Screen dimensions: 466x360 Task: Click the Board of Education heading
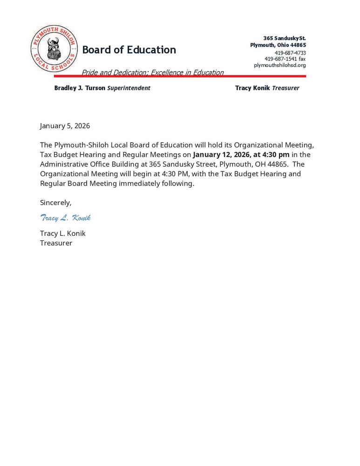tap(129, 50)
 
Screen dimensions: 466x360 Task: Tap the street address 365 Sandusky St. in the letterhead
tap(284, 38)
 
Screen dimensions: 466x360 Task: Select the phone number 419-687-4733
tap(290, 53)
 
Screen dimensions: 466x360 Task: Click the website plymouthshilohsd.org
tap(279, 65)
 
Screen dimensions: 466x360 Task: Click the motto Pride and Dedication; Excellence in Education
tap(152, 72)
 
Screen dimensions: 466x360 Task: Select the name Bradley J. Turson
tap(80, 88)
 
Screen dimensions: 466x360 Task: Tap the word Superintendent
tap(129, 88)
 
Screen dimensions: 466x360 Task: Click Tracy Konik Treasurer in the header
tap(267, 88)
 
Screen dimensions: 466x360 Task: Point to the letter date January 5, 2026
tap(65, 126)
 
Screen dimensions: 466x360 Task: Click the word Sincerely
tap(55, 203)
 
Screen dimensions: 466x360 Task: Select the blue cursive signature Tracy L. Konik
tap(65, 218)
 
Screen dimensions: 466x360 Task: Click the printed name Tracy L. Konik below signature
tap(62, 233)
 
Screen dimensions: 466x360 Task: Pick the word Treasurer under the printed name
tap(56, 243)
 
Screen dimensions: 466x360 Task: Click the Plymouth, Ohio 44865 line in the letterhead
tap(278, 45)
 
